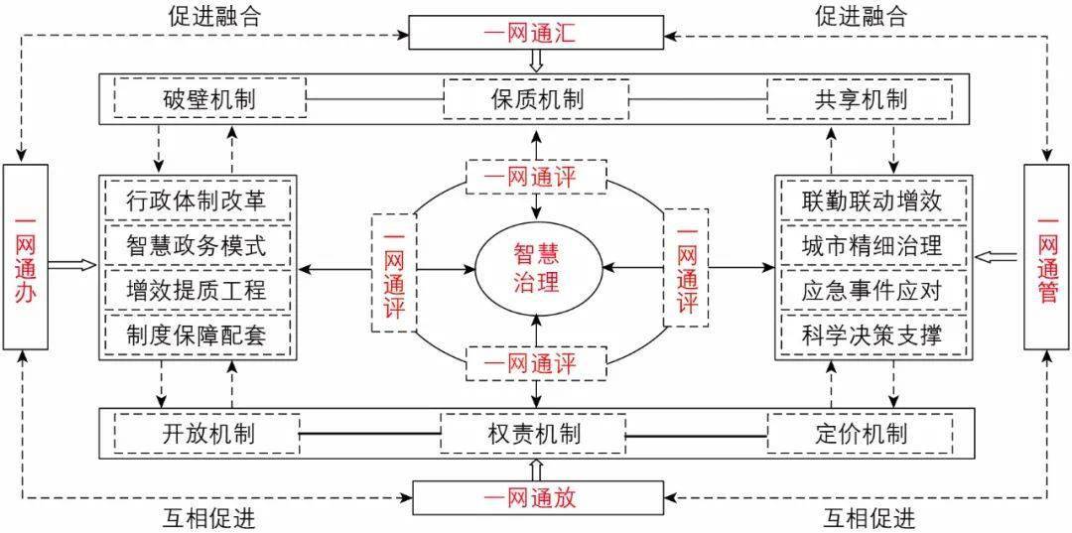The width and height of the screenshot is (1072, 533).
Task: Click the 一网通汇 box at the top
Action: click(x=536, y=33)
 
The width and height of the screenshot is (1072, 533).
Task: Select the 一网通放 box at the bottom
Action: click(x=536, y=497)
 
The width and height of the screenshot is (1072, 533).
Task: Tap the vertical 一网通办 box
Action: click(x=26, y=257)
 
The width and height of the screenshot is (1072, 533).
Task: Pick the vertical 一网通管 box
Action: click(x=1046, y=257)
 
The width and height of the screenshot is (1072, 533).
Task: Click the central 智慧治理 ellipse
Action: click(x=536, y=266)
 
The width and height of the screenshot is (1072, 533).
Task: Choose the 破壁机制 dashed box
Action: click(x=210, y=99)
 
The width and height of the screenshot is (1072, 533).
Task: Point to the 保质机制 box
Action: click(x=536, y=99)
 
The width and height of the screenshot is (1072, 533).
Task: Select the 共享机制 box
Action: click(x=860, y=99)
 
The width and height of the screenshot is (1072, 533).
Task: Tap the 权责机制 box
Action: click(x=536, y=434)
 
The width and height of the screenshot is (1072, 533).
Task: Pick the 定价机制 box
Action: click(x=860, y=434)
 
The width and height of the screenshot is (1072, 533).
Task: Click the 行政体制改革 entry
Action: click(x=197, y=200)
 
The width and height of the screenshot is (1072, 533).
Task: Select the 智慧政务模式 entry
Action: click(x=197, y=244)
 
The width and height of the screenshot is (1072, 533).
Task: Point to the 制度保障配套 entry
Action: click(x=197, y=334)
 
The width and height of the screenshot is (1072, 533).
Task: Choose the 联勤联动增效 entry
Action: click(x=873, y=200)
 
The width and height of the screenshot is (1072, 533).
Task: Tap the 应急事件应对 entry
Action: click(x=873, y=290)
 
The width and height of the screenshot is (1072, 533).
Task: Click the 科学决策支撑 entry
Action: click(x=873, y=334)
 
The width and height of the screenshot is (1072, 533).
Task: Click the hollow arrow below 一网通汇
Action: click(x=536, y=62)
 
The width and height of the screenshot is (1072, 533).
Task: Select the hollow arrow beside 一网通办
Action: click(x=71, y=264)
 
